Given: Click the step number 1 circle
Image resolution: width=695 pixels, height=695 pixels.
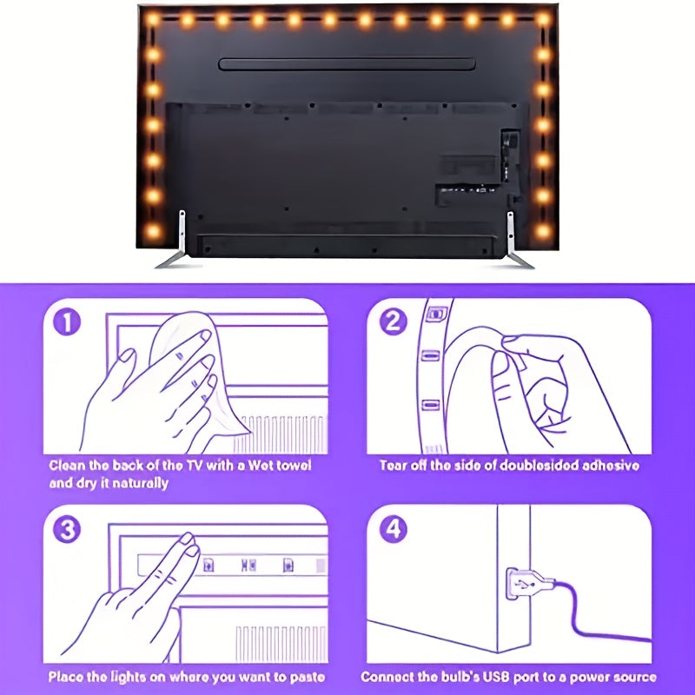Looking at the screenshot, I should click(68, 323).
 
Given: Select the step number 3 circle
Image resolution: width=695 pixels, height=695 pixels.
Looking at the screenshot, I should click(68, 529).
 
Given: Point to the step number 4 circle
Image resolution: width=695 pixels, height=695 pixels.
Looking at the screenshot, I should click(394, 529).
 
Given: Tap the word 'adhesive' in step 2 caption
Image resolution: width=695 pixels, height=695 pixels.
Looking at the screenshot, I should click(607, 466).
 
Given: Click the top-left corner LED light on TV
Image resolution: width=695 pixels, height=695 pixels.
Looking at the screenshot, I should click(153, 19).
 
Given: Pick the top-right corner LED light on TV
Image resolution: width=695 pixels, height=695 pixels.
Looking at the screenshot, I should click(543, 19).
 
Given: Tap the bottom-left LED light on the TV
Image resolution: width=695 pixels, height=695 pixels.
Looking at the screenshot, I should click(153, 232).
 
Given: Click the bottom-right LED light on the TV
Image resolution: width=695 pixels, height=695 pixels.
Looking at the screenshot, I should click(543, 232).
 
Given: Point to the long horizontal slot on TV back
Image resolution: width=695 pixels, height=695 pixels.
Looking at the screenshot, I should click(347, 64).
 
